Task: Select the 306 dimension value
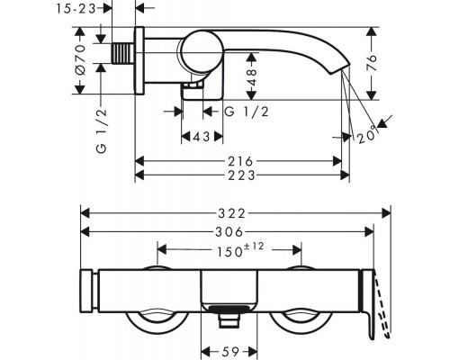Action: click(x=229, y=231)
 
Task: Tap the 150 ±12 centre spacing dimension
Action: click(x=240, y=250)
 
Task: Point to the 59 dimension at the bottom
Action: click(x=231, y=351)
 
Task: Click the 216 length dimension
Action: click(x=240, y=162)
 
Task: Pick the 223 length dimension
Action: click(x=242, y=175)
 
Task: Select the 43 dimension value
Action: click(x=202, y=137)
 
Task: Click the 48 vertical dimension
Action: click(x=252, y=77)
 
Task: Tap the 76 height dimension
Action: click(x=372, y=62)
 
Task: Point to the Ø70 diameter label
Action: click(x=80, y=59)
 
